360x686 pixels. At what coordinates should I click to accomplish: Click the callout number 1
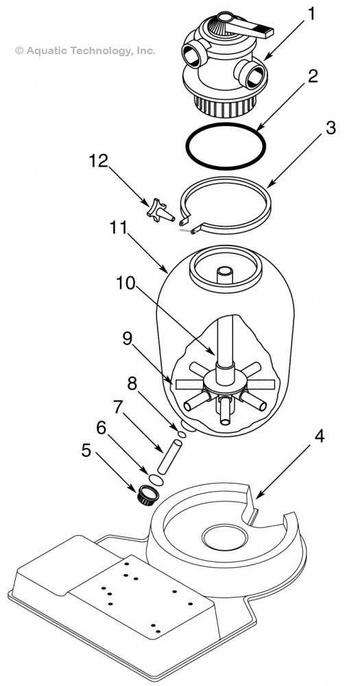point(313,13)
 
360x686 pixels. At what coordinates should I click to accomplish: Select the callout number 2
point(313,75)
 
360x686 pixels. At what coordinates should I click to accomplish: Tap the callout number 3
point(331,128)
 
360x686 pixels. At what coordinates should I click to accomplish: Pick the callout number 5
point(86,450)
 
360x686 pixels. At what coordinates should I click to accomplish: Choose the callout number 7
point(118,407)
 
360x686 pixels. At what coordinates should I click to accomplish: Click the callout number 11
point(121,228)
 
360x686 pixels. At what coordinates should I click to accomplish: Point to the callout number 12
point(98,161)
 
